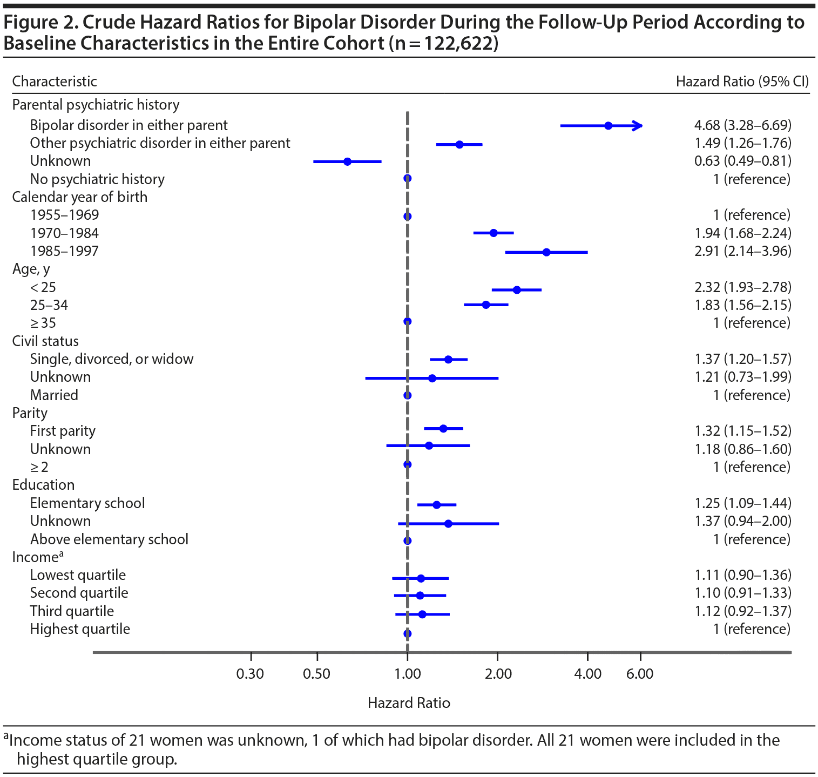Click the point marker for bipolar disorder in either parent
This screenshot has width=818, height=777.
pos(609,126)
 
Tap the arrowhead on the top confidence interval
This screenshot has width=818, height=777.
pos(639,126)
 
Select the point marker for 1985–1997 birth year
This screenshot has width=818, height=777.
pos(546,252)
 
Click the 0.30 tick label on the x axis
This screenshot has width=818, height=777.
pos(251,674)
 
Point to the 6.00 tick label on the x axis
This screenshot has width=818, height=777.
pos(640,674)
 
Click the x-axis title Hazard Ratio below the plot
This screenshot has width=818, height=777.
pos(409,703)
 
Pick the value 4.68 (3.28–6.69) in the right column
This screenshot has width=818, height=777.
pos(743,125)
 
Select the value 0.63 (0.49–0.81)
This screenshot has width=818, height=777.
pos(743,161)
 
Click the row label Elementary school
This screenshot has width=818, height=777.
pos(87,503)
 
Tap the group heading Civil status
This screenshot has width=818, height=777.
pos(45,341)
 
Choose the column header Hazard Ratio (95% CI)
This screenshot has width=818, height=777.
pos(742,82)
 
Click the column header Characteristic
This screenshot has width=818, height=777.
pos(55,82)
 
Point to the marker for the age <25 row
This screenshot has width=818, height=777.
pos(517,290)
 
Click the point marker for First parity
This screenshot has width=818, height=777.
pos(443,429)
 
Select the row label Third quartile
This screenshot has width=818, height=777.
pos(72,611)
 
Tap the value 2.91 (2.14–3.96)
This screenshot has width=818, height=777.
pos(743,251)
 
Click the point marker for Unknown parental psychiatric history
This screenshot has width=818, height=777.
pos(347,161)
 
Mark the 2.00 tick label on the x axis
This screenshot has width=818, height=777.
pos(498,674)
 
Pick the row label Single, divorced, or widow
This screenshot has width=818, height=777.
pos(112,359)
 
